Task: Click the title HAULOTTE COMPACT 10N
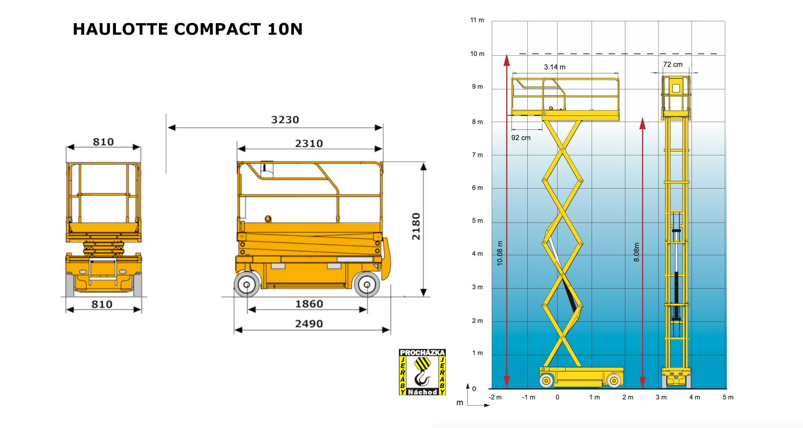click(x=188, y=29)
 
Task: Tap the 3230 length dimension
click(x=285, y=120)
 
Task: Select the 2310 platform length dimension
click(x=309, y=144)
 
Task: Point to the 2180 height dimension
click(x=416, y=226)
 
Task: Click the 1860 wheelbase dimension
click(x=309, y=304)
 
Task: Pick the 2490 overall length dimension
click(x=309, y=324)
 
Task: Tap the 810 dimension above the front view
click(x=103, y=142)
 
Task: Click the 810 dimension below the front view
click(x=102, y=304)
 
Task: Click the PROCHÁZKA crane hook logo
click(x=422, y=372)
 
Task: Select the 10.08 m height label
click(x=500, y=253)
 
